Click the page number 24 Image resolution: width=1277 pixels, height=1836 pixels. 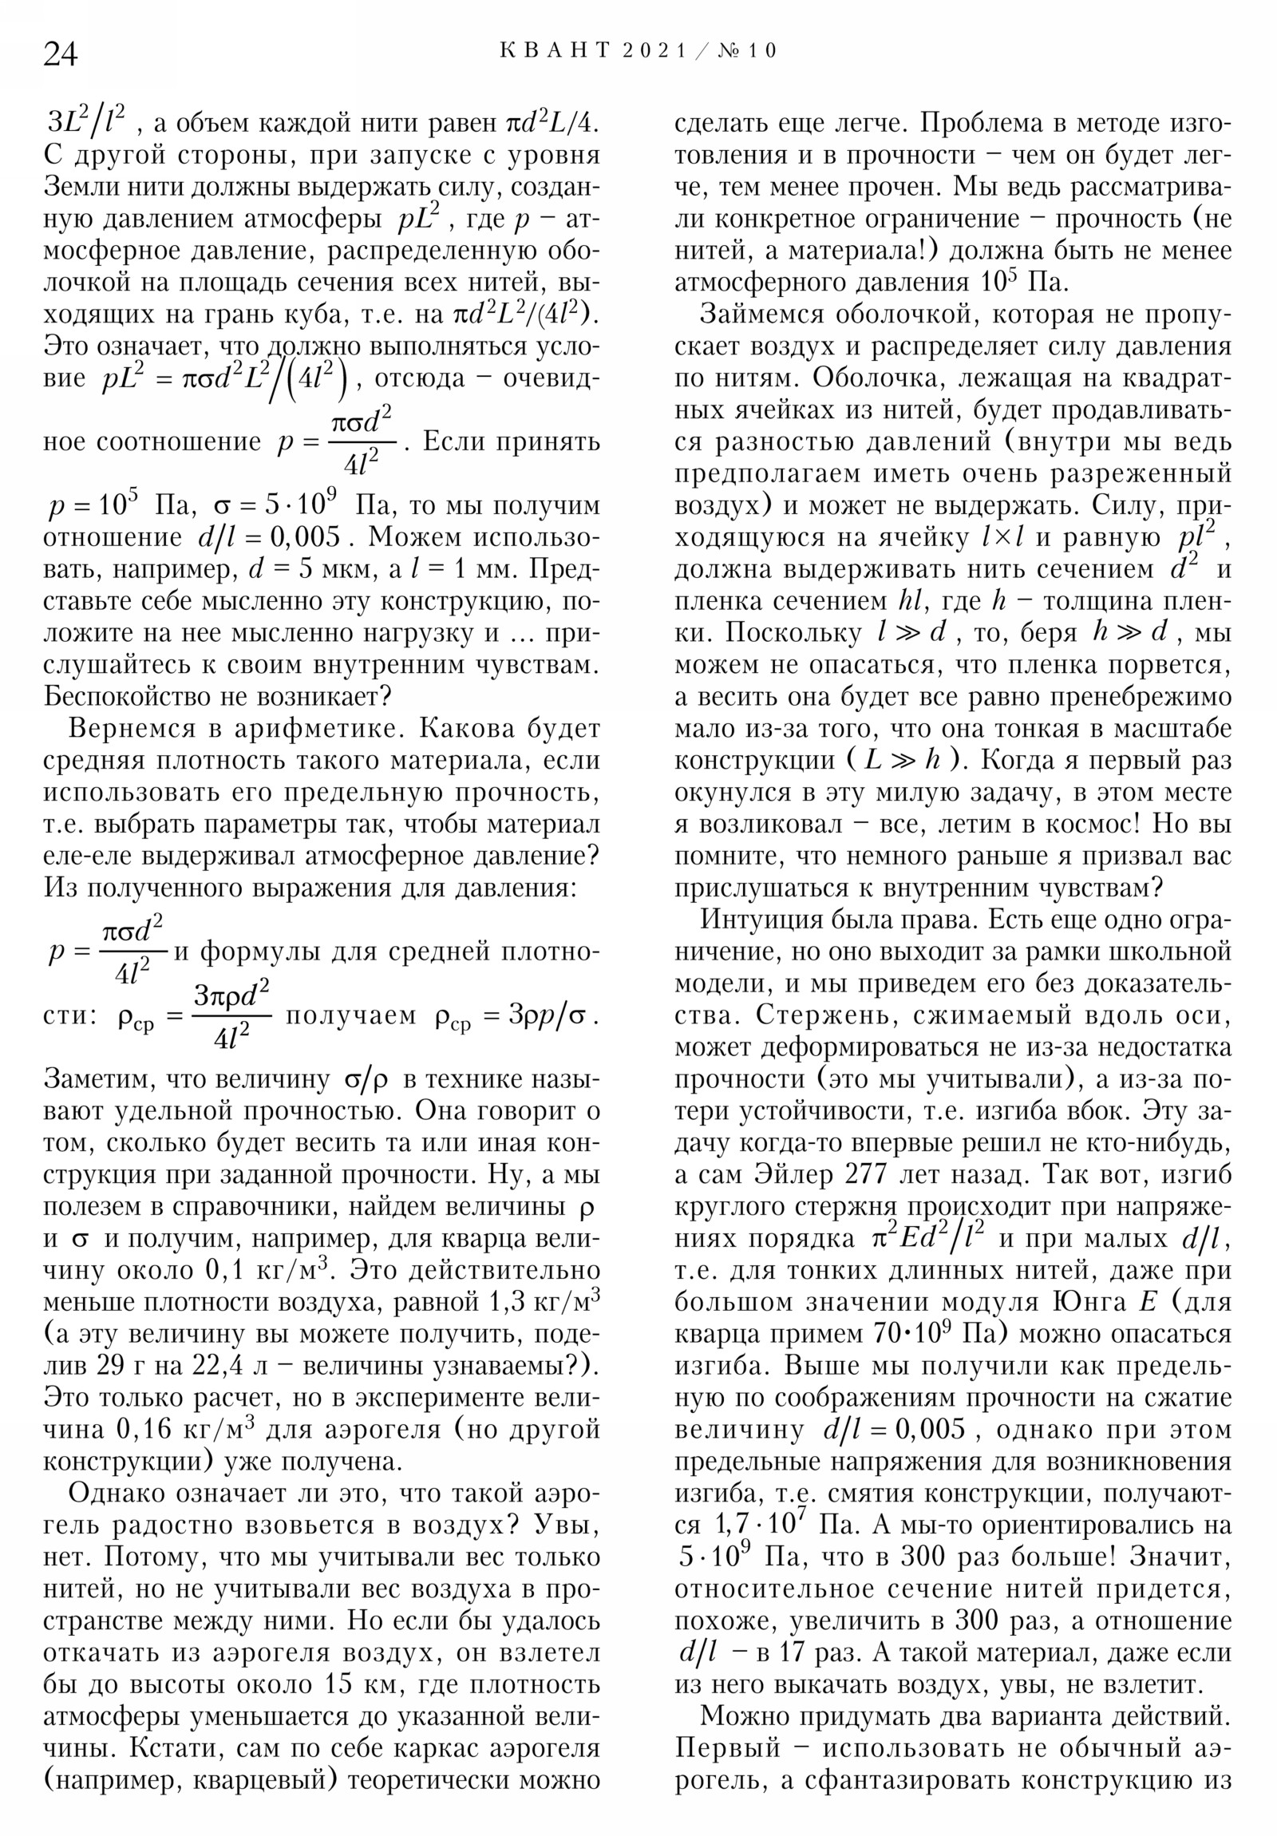pyautogui.click(x=61, y=54)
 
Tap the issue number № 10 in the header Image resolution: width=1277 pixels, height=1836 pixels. pyautogui.click(x=748, y=51)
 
